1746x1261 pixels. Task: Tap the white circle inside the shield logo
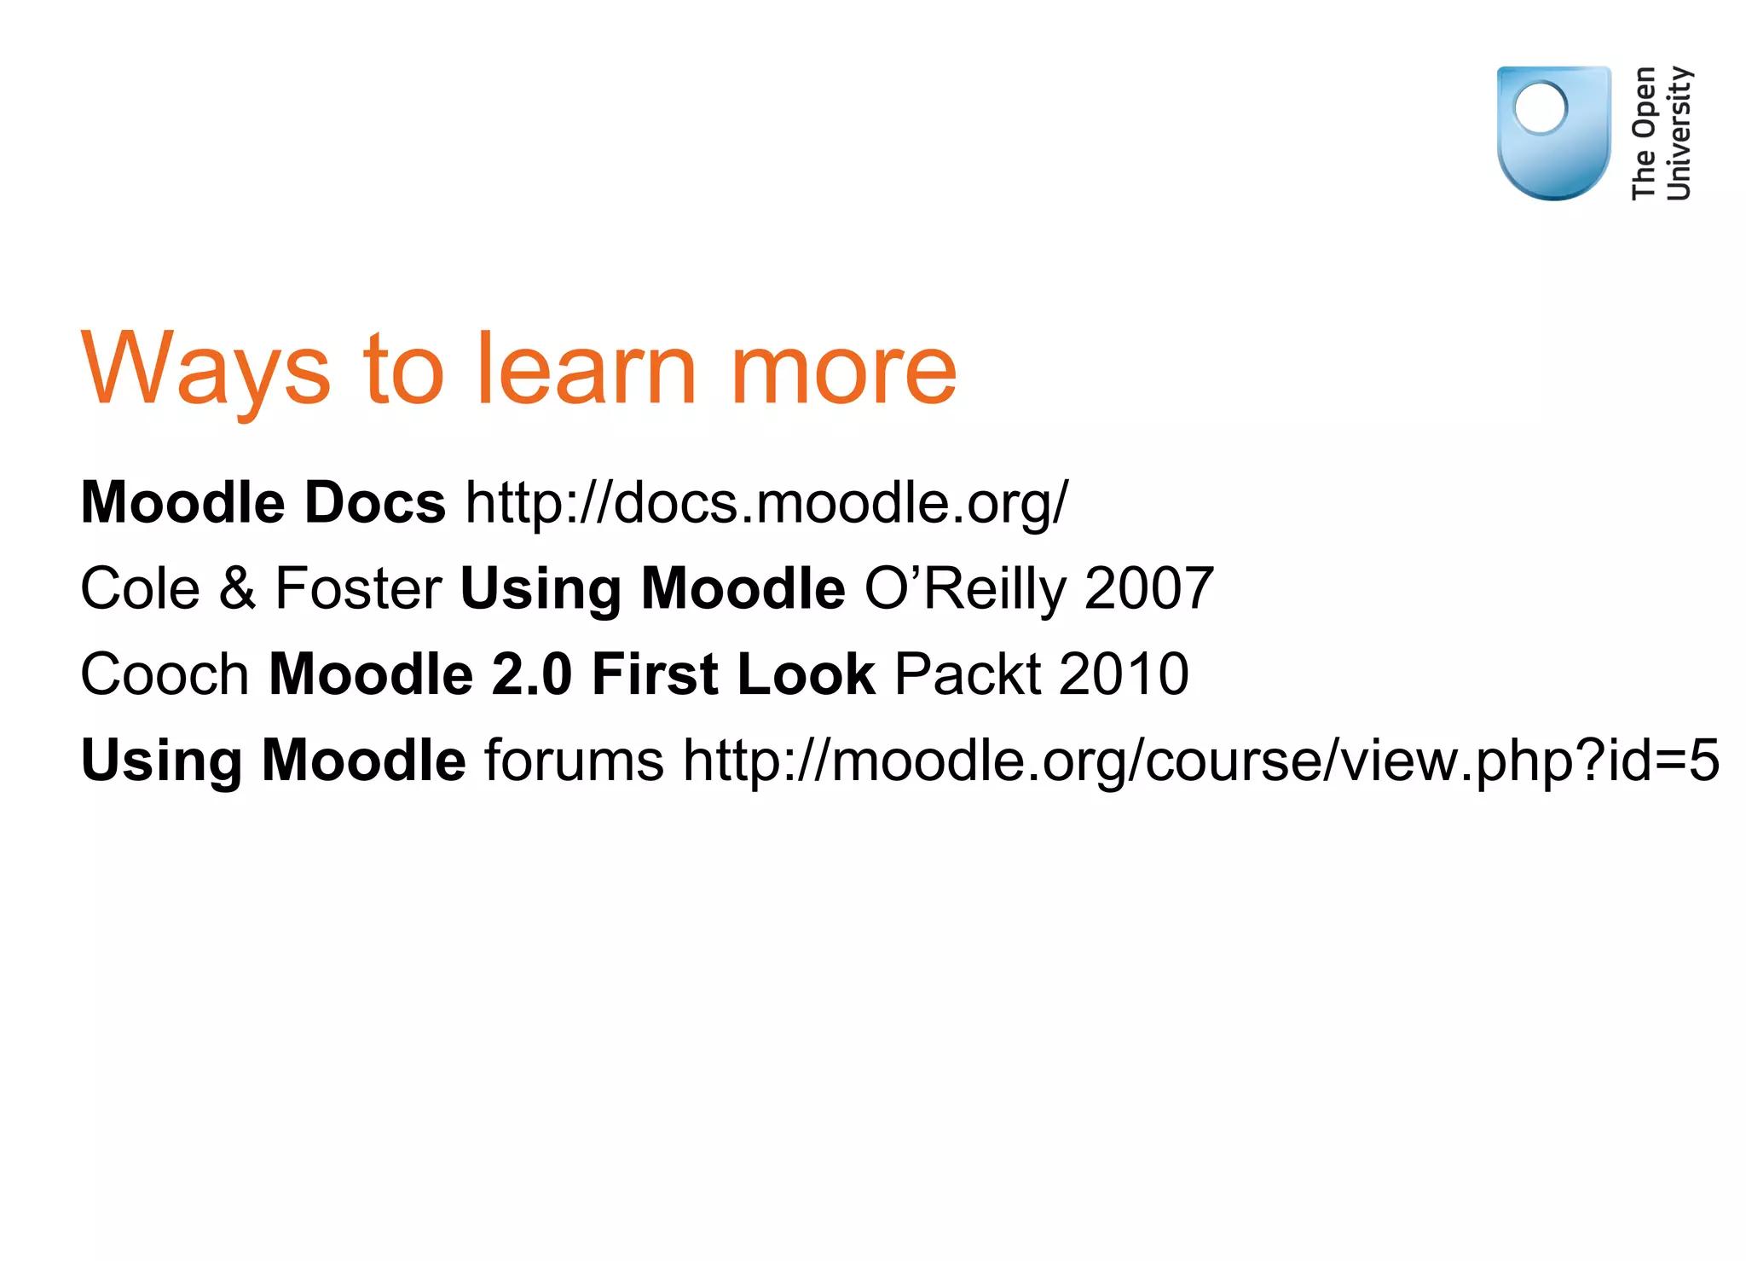(1541, 108)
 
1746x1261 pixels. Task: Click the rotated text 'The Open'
(1643, 134)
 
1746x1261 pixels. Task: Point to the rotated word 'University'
(1678, 134)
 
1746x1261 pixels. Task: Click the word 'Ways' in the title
(205, 368)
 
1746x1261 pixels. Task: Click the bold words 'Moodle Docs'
(263, 502)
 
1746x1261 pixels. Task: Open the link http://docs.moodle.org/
(766, 502)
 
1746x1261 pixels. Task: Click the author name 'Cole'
(140, 588)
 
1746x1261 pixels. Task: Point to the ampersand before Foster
(237, 588)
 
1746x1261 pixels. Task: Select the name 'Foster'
(358, 588)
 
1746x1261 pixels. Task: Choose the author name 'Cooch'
(165, 674)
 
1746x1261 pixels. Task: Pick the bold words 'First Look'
(733, 674)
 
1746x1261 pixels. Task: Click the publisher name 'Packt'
(968, 674)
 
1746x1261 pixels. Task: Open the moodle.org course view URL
(1200, 761)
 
